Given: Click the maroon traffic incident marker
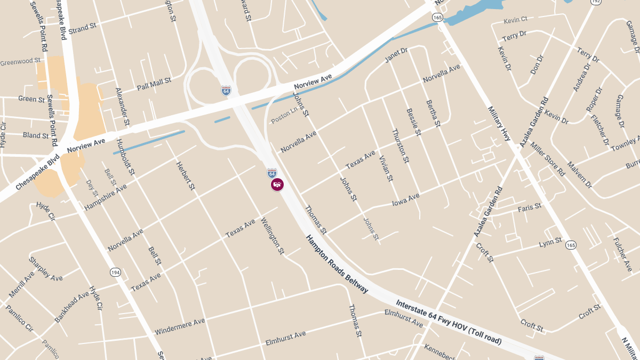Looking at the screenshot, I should [277, 185].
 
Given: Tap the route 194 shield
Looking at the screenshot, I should [115, 272].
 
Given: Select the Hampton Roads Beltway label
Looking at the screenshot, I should [337, 264].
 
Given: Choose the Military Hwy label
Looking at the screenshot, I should [500, 123].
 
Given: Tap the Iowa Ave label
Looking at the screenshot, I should [406, 199].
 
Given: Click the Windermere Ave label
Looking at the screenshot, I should [180, 327].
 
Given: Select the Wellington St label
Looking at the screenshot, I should [273, 236].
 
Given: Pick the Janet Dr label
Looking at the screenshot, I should [396, 54].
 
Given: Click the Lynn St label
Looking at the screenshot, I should [550, 242].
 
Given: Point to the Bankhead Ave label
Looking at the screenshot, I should [72, 307].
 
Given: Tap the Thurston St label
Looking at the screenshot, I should [401, 146].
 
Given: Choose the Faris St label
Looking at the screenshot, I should [530, 207].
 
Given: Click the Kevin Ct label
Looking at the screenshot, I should [515, 20].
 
